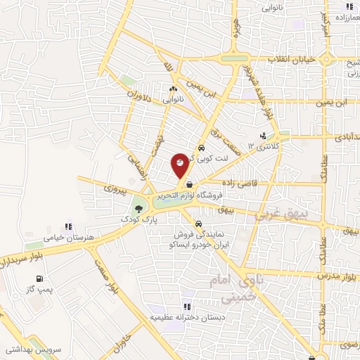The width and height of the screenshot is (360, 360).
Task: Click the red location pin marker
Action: (180, 165)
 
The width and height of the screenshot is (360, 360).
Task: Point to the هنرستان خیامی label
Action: (68, 237)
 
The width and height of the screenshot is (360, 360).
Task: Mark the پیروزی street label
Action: (113, 188)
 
